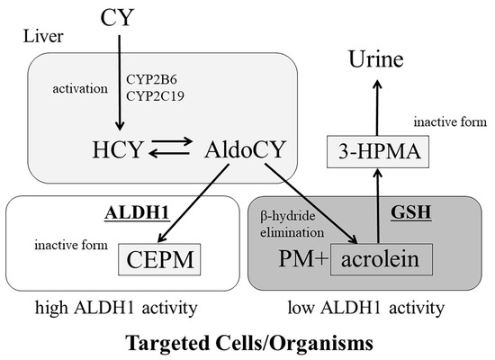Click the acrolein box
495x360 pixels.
pyautogui.click(x=388, y=261)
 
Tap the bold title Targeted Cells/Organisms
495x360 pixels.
pyautogui.click(x=247, y=343)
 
